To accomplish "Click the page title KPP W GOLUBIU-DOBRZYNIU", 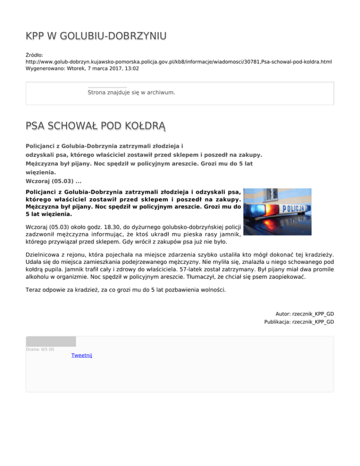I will [x=96, y=37].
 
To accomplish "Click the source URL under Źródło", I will [x=179, y=62].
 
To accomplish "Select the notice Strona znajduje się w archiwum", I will [x=131, y=92].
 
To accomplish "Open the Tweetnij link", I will [x=82, y=355].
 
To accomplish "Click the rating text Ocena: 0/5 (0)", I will [x=40, y=349].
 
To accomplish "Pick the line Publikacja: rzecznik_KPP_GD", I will [x=299, y=322].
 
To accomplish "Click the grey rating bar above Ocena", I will [x=51, y=341].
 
